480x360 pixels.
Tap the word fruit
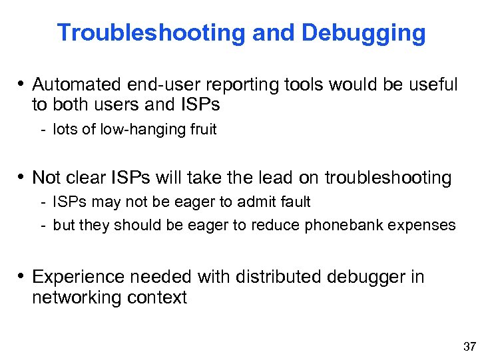tap(200, 130)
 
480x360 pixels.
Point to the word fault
tap(294, 202)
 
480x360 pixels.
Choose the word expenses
tap(424, 225)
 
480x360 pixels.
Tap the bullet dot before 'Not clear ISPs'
tap(22, 178)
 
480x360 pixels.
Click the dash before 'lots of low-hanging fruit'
tap(42, 130)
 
